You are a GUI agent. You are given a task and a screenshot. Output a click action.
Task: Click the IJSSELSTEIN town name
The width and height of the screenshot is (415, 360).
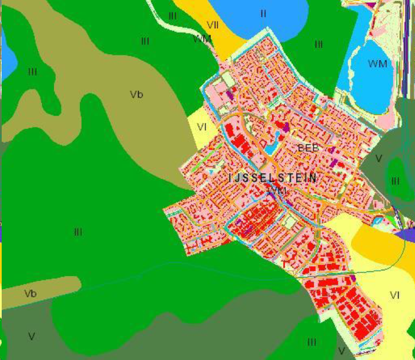point(273,178)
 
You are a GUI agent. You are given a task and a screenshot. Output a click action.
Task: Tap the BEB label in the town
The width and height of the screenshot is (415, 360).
point(308,148)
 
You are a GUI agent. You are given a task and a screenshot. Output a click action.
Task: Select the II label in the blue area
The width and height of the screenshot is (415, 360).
point(263,14)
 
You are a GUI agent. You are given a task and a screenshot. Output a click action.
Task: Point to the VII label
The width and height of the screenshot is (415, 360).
point(213,25)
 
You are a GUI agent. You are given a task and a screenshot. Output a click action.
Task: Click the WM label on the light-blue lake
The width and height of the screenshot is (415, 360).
point(377,64)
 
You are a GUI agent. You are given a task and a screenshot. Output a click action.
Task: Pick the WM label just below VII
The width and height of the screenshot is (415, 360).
point(202,39)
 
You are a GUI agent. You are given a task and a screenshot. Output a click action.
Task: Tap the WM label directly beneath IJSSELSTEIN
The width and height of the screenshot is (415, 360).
point(277,190)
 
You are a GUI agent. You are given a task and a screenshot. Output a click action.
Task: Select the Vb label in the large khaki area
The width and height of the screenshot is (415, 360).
point(136,94)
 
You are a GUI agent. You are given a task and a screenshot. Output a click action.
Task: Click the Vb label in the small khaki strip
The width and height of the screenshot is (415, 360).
point(30,293)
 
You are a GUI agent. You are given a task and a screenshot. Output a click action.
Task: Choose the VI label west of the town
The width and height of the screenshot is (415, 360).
point(202,127)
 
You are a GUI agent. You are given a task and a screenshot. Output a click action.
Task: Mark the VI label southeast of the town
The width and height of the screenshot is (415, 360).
point(395,295)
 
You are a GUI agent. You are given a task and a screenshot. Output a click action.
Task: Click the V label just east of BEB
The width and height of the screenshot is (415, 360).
point(378,159)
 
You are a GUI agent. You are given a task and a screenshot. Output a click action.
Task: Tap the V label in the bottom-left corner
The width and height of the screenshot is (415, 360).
point(32,336)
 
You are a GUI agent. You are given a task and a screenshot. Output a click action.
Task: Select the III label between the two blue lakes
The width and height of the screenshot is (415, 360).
point(319,44)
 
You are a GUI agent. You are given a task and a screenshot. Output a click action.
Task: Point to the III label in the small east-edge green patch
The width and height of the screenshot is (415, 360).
point(395,181)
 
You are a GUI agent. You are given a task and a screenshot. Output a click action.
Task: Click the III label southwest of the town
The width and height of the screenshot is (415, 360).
point(78,231)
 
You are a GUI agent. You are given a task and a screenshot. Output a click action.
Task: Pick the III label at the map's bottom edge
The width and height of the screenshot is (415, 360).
point(311,342)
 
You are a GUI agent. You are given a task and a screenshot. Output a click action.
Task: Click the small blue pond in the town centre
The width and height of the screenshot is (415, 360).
point(270,148)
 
